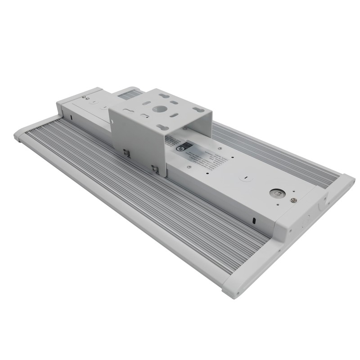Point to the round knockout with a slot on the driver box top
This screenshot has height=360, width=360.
pyautogui.click(x=245, y=179)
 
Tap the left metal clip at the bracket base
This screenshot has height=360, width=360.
pyautogui.click(x=126, y=153)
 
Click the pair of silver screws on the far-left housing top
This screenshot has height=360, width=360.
pyautogui.click(x=85, y=97)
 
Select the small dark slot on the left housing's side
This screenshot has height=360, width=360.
pyautogui.click(x=71, y=118)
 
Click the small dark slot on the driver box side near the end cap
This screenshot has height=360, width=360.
pyautogui.click(x=254, y=220)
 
